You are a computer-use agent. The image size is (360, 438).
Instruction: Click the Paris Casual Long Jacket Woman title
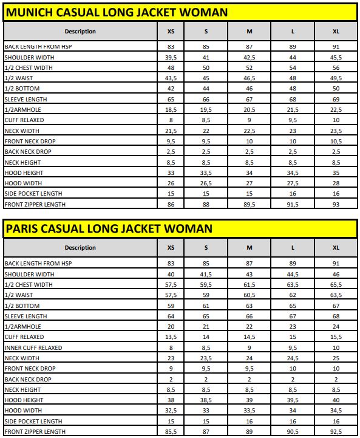click(x=109, y=228)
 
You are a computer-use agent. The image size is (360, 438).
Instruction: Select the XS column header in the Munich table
click(x=171, y=31)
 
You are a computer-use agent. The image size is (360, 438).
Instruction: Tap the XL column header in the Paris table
click(x=336, y=247)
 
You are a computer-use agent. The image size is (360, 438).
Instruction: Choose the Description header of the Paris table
click(x=80, y=247)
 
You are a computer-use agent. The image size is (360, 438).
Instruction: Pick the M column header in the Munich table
click(x=250, y=31)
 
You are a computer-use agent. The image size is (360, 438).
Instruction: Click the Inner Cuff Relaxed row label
click(x=33, y=347)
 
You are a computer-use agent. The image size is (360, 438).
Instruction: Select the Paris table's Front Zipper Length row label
click(x=35, y=431)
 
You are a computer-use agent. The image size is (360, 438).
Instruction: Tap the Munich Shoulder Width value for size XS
click(x=171, y=57)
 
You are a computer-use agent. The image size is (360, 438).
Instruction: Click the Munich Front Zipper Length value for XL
click(x=336, y=204)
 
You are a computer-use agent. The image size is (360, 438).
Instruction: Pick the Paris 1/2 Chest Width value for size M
click(x=250, y=284)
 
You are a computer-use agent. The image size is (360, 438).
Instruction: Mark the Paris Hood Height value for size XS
click(x=171, y=400)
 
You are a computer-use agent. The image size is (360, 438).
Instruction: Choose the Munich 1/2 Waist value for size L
click(x=293, y=78)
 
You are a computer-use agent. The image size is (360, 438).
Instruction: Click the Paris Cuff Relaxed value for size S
click(x=206, y=337)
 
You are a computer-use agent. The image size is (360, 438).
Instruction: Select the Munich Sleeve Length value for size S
click(x=206, y=99)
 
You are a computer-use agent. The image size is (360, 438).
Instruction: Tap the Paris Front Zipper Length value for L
click(x=293, y=431)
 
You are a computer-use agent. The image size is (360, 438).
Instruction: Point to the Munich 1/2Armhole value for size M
click(x=250, y=109)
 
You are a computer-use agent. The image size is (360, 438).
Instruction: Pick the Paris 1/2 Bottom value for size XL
click(x=336, y=306)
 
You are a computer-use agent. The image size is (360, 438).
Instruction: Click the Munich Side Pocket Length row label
click(x=35, y=194)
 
